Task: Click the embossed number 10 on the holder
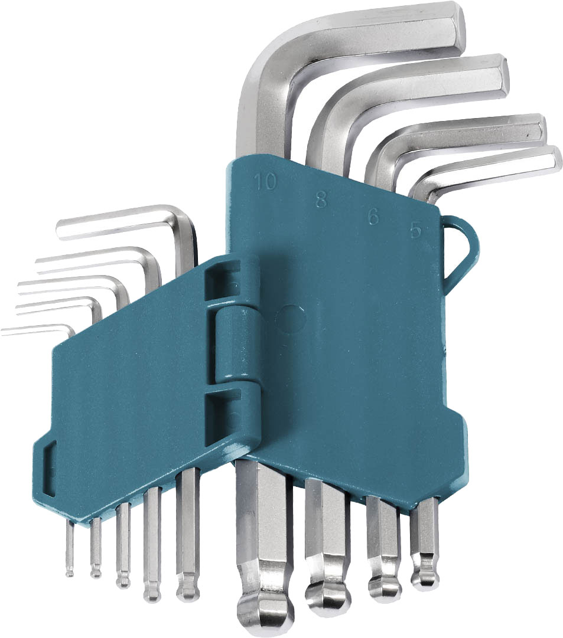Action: click(x=265, y=182)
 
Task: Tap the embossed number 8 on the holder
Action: click(x=321, y=199)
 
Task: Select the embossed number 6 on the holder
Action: click(x=373, y=217)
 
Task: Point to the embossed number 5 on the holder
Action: click(x=416, y=230)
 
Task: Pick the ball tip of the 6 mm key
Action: click(x=385, y=585)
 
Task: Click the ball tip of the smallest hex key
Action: click(x=70, y=572)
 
